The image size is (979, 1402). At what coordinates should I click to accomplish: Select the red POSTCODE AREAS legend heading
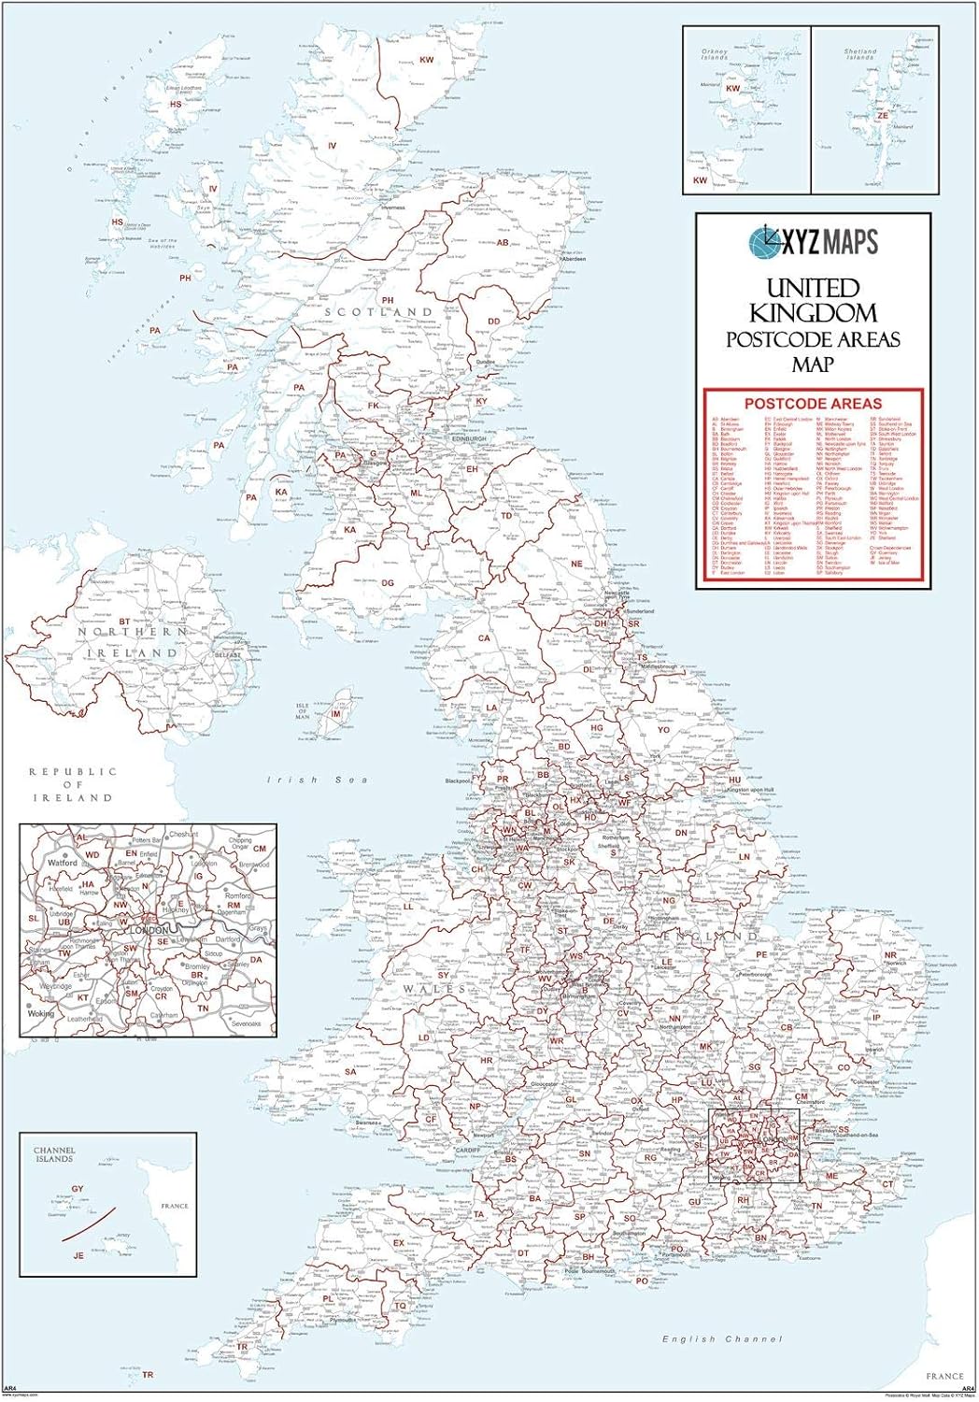pos(813,403)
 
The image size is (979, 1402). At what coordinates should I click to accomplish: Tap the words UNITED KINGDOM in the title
pos(813,300)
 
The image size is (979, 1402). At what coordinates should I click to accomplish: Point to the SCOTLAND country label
pos(378,311)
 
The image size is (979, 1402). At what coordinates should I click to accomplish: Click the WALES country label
pos(433,988)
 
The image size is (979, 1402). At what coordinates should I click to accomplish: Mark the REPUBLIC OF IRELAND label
pos(73,784)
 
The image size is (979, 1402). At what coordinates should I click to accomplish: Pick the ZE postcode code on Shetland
pos(883,116)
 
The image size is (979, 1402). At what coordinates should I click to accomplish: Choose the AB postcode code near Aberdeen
pos(503,242)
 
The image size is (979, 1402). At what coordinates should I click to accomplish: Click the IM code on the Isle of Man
pos(336,714)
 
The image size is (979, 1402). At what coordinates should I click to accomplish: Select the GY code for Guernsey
pos(78,1190)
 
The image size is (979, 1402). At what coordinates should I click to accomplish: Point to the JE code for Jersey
pos(78,1255)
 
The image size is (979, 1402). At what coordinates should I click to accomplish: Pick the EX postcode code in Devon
pos(399,1243)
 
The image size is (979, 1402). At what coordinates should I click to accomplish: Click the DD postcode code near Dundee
pos(494,322)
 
